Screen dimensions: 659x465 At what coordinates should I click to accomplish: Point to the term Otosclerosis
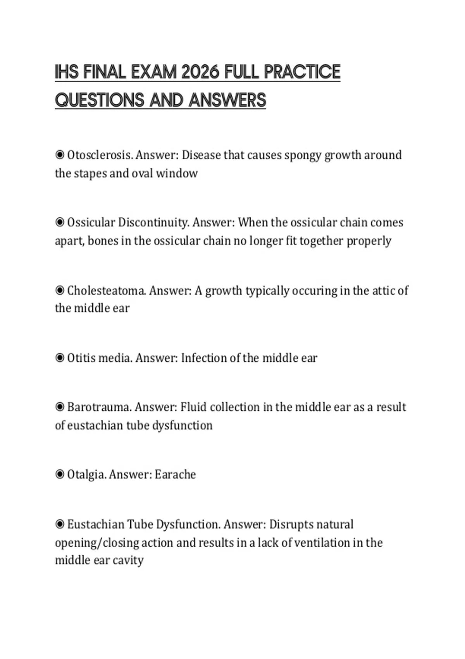click(100, 155)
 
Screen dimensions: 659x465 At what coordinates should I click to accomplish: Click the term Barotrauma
click(99, 407)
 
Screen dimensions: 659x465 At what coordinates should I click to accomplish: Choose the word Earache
click(175, 474)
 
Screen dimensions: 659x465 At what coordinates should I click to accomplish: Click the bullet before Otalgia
click(60, 474)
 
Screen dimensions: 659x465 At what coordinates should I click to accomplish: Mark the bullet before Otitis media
click(60, 358)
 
